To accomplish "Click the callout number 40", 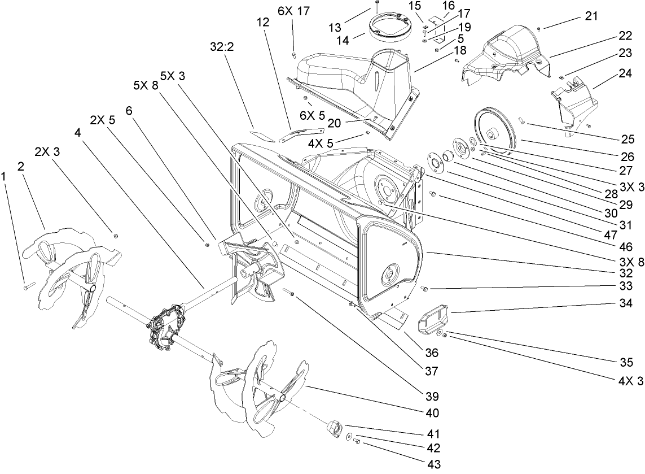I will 433,413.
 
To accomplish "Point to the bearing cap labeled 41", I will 333,428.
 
